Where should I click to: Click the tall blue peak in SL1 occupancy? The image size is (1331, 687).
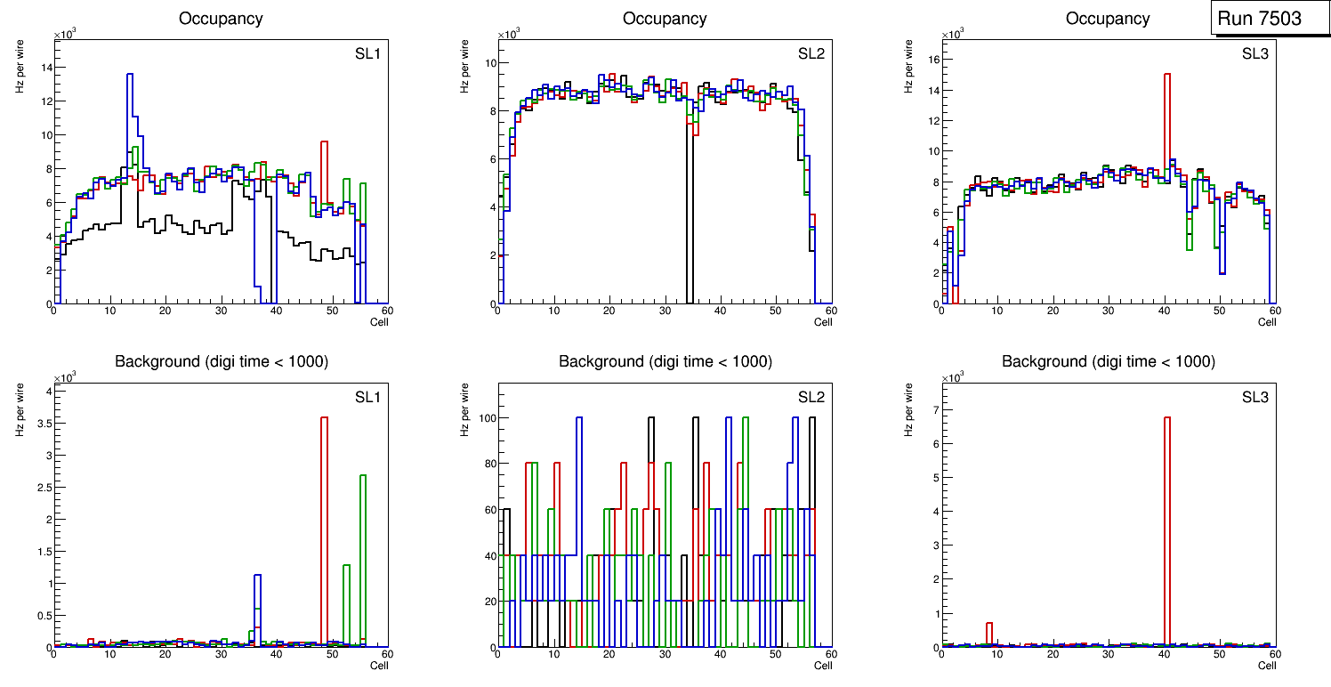click(x=130, y=80)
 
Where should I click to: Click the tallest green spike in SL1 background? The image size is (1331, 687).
click(x=363, y=481)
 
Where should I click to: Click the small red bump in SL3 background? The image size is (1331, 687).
click(x=989, y=626)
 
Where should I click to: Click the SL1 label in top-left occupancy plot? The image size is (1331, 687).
click(x=367, y=54)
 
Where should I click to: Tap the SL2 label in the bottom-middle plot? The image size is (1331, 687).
click(x=811, y=397)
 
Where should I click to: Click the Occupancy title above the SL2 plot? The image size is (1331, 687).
click(x=665, y=19)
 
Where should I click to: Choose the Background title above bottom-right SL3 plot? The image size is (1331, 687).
click(x=1108, y=361)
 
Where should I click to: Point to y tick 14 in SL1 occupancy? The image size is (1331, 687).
click(x=44, y=68)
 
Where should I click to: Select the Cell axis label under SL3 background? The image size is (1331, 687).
click(x=1267, y=666)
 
